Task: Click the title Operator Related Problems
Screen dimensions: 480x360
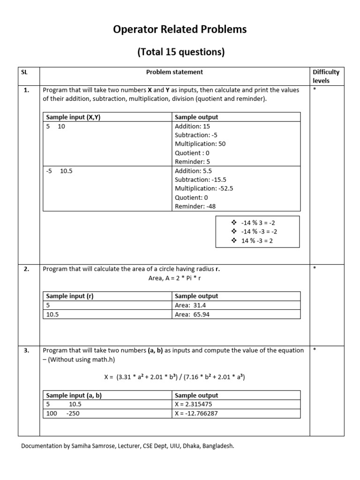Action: point(180,30)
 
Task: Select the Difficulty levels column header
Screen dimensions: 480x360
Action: point(326,76)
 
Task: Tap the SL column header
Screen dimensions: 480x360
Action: point(25,72)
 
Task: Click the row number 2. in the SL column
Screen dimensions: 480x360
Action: point(27,269)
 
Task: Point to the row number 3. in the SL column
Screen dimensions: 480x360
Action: point(27,350)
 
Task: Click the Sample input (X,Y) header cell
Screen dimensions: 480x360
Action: point(73,117)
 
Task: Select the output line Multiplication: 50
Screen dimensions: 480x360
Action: point(200,144)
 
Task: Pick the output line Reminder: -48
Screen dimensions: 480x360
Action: point(195,206)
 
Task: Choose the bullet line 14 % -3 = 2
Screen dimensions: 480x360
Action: point(258,240)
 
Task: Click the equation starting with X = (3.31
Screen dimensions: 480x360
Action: point(174,377)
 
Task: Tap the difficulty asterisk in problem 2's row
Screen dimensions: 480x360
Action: point(315,269)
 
